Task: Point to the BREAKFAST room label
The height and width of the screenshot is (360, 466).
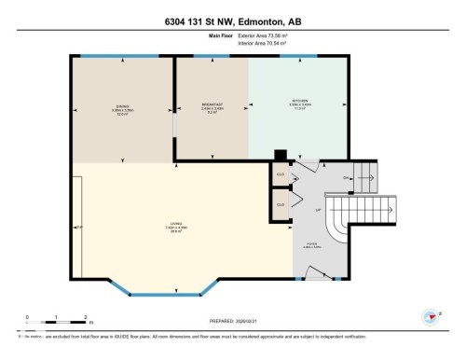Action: point(212,104)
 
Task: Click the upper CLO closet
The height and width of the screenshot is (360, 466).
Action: point(281,174)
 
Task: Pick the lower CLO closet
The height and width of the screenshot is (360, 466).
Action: point(281,205)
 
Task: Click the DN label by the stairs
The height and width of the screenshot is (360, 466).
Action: point(346,177)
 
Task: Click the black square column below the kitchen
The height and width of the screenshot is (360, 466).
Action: point(278,156)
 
